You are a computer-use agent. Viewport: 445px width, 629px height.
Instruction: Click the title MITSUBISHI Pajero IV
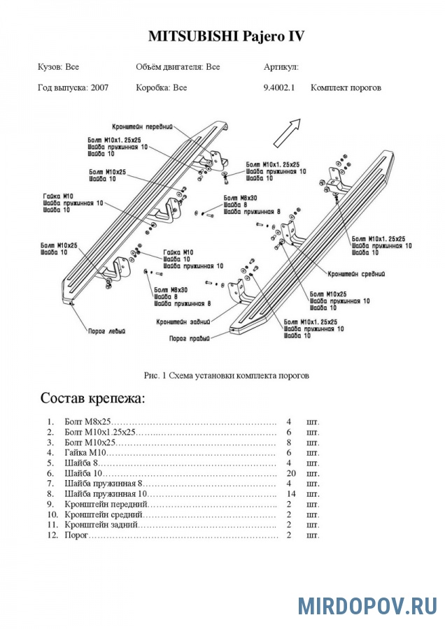[226, 36]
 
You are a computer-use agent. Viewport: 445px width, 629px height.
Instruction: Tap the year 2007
[99, 88]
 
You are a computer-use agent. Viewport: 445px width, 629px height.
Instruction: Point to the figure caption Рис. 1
[226, 375]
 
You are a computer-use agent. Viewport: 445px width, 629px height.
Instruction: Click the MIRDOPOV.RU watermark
[367, 605]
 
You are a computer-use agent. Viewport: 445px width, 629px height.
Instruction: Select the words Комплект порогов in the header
[346, 88]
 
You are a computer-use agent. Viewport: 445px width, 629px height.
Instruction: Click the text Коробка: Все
[162, 88]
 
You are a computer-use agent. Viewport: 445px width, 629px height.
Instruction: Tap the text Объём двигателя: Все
[178, 67]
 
